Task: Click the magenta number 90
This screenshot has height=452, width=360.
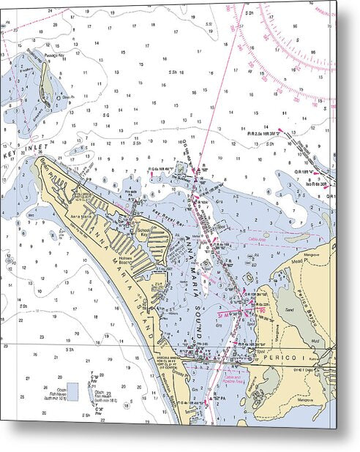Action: pyautogui.click(x=260, y=311)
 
